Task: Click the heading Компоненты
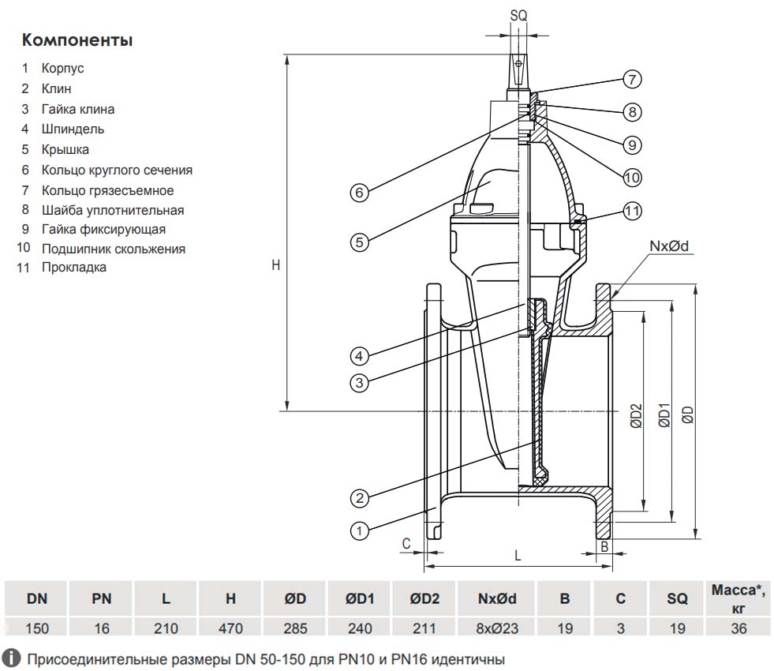pyautogui.click(x=77, y=40)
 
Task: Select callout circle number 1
pyautogui.click(x=359, y=530)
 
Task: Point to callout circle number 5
pyautogui.click(x=359, y=242)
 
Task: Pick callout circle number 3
pyautogui.click(x=359, y=383)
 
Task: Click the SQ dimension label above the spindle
pyautogui.click(x=518, y=16)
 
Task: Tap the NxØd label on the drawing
pyautogui.click(x=669, y=246)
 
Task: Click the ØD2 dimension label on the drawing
pyautogui.click(x=637, y=416)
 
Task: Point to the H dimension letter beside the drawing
pyautogui.click(x=276, y=266)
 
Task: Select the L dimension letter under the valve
pyautogui.click(x=518, y=556)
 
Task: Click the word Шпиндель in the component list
pyautogui.click(x=73, y=129)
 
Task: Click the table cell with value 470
pyautogui.click(x=230, y=628)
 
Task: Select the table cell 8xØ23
pyautogui.click(x=496, y=628)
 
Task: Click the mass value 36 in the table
pyautogui.click(x=738, y=628)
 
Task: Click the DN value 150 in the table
pyautogui.click(x=36, y=628)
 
